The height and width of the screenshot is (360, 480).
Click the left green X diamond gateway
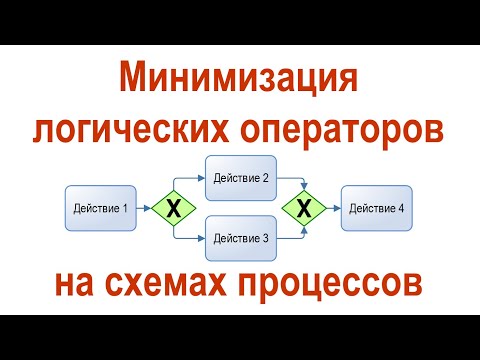tap(173, 209)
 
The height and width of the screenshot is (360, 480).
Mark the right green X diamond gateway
tap(306, 209)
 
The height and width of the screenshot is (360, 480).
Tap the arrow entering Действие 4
tap(333, 209)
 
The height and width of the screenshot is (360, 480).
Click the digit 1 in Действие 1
tap(125, 209)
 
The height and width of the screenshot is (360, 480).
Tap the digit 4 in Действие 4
tap(400, 209)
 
